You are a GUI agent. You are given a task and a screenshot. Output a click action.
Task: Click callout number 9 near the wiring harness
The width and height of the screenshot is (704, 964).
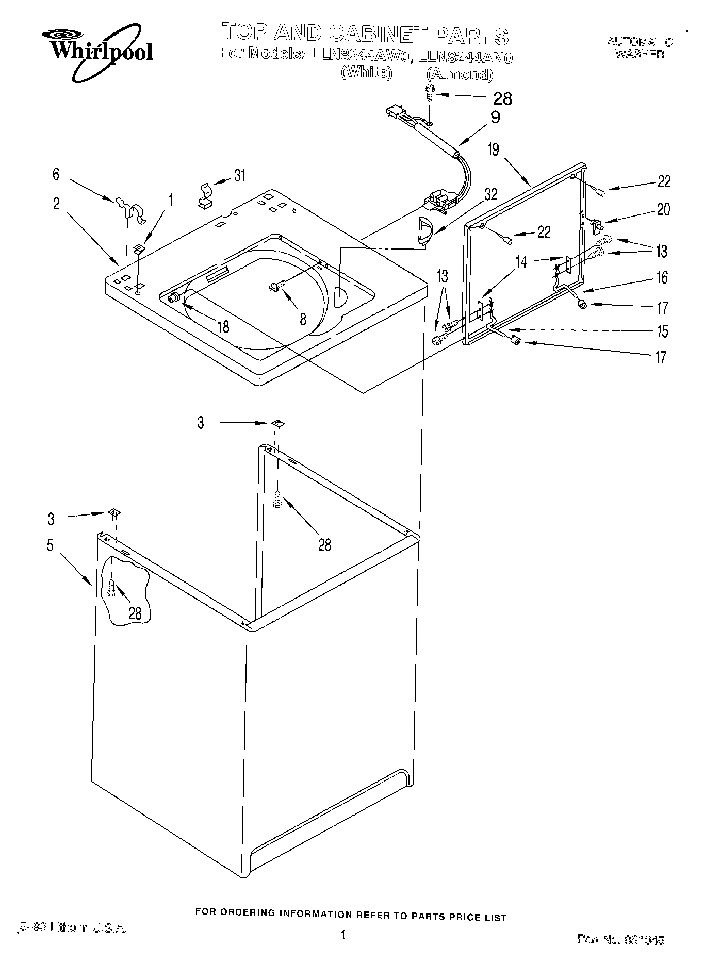tap(495, 118)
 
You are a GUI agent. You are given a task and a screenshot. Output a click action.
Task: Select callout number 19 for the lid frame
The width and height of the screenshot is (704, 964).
tap(494, 149)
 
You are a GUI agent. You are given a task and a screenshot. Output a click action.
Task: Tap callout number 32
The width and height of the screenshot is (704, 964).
tap(490, 194)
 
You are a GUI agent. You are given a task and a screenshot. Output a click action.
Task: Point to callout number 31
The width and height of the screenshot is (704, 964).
tap(239, 175)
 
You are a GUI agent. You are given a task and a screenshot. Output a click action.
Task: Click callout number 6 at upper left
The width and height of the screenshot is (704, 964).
tap(56, 174)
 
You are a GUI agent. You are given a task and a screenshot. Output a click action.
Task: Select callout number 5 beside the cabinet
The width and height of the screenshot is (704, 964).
tap(50, 545)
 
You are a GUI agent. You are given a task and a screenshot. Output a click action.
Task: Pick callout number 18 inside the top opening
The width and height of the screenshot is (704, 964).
tap(223, 326)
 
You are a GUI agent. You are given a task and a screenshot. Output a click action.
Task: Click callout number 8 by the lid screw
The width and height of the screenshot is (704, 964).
tap(303, 319)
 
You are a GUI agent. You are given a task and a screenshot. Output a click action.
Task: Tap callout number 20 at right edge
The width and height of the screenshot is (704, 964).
tap(663, 209)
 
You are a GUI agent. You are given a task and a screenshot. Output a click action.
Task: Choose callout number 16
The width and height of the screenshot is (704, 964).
tap(662, 277)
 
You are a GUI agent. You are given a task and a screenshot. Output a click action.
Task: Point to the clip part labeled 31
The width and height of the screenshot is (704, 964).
tap(206, 195)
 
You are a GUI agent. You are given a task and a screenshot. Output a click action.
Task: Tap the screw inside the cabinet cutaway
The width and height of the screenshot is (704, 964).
tap(111, 587)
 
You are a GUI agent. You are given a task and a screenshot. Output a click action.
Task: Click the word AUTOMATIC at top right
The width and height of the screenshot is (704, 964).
tap(639, 42)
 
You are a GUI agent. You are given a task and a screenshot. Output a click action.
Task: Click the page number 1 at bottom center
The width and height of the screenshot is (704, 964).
tap(343, 934)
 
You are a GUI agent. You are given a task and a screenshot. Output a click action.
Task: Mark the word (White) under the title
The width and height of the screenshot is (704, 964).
tap(367, 72)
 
